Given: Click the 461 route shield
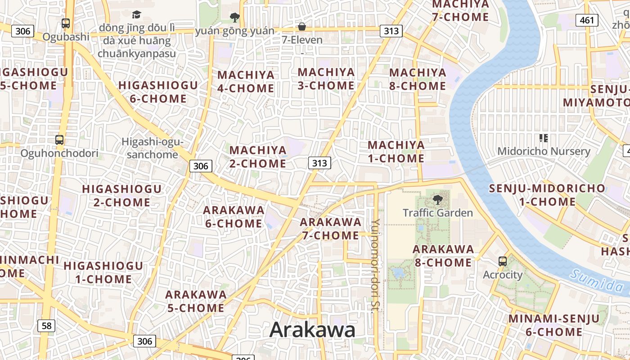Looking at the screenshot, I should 587,20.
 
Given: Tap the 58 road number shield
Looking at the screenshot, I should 46,325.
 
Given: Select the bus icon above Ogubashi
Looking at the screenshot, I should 66,23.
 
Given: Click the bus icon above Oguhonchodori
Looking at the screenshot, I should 59,139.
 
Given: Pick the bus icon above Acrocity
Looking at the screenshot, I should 502,261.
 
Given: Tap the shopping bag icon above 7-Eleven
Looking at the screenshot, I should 302,27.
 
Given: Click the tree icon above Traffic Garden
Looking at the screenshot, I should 437,199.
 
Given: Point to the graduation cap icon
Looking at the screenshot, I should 136,15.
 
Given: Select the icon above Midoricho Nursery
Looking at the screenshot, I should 543,138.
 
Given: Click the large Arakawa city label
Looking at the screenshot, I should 312,330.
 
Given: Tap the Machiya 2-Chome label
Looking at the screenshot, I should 258,157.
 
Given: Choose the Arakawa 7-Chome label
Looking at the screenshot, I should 331,229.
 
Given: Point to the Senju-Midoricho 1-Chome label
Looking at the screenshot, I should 547,195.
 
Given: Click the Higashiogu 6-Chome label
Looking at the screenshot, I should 158,92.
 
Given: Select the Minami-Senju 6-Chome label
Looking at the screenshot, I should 554,325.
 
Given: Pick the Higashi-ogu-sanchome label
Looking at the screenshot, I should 153,148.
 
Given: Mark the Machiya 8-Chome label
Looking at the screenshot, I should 418,79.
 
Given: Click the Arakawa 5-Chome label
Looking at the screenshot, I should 196,301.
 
